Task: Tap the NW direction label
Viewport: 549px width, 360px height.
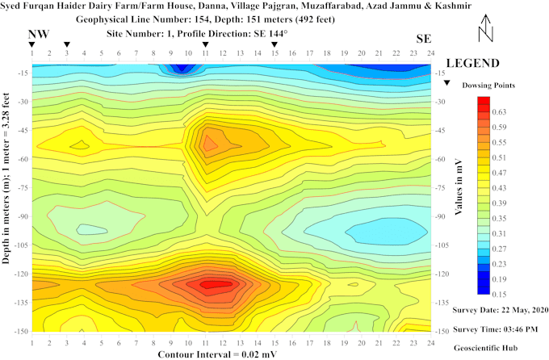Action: point(38,34)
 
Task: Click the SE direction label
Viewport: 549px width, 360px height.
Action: point(424,39)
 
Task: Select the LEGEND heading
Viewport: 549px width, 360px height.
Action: point(472,63)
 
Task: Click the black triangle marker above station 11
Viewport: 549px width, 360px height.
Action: point(205,45)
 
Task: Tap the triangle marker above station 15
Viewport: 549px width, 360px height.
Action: point(274,45)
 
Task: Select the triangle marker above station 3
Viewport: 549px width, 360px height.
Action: point(67,45)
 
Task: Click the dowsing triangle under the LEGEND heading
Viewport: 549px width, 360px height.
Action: point(446,82)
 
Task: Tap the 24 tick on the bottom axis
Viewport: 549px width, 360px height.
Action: point(430,343)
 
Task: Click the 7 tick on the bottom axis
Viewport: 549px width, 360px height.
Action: point(136,343)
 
